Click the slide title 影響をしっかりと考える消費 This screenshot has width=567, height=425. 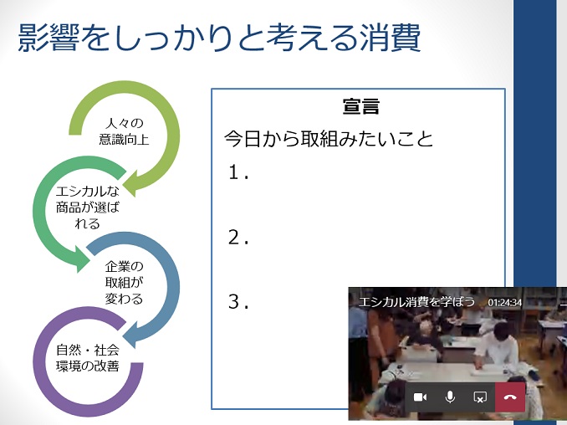coord(219,38)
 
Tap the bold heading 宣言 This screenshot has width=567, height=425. coord(361,106)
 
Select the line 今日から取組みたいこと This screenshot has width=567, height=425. coord(329,139)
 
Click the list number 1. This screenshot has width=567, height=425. coord(238,172)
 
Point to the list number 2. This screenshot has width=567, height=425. coord(238,238)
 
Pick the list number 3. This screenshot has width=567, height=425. coord(238,302)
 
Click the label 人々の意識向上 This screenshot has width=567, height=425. coord(124,131)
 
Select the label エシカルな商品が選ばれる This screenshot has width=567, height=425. coord(88,207)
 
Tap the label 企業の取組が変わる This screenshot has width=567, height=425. coord(124,283)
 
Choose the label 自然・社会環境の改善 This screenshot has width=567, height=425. coord(88,358)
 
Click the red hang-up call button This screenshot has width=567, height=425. coord(510,397)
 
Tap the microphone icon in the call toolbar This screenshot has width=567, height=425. coord(450,397)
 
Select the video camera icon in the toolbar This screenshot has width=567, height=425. coord(420,397)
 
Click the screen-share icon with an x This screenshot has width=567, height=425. coord(480,397)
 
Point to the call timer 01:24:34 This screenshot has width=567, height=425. coord(505,302)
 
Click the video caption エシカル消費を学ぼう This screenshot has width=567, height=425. coord(416,301)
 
